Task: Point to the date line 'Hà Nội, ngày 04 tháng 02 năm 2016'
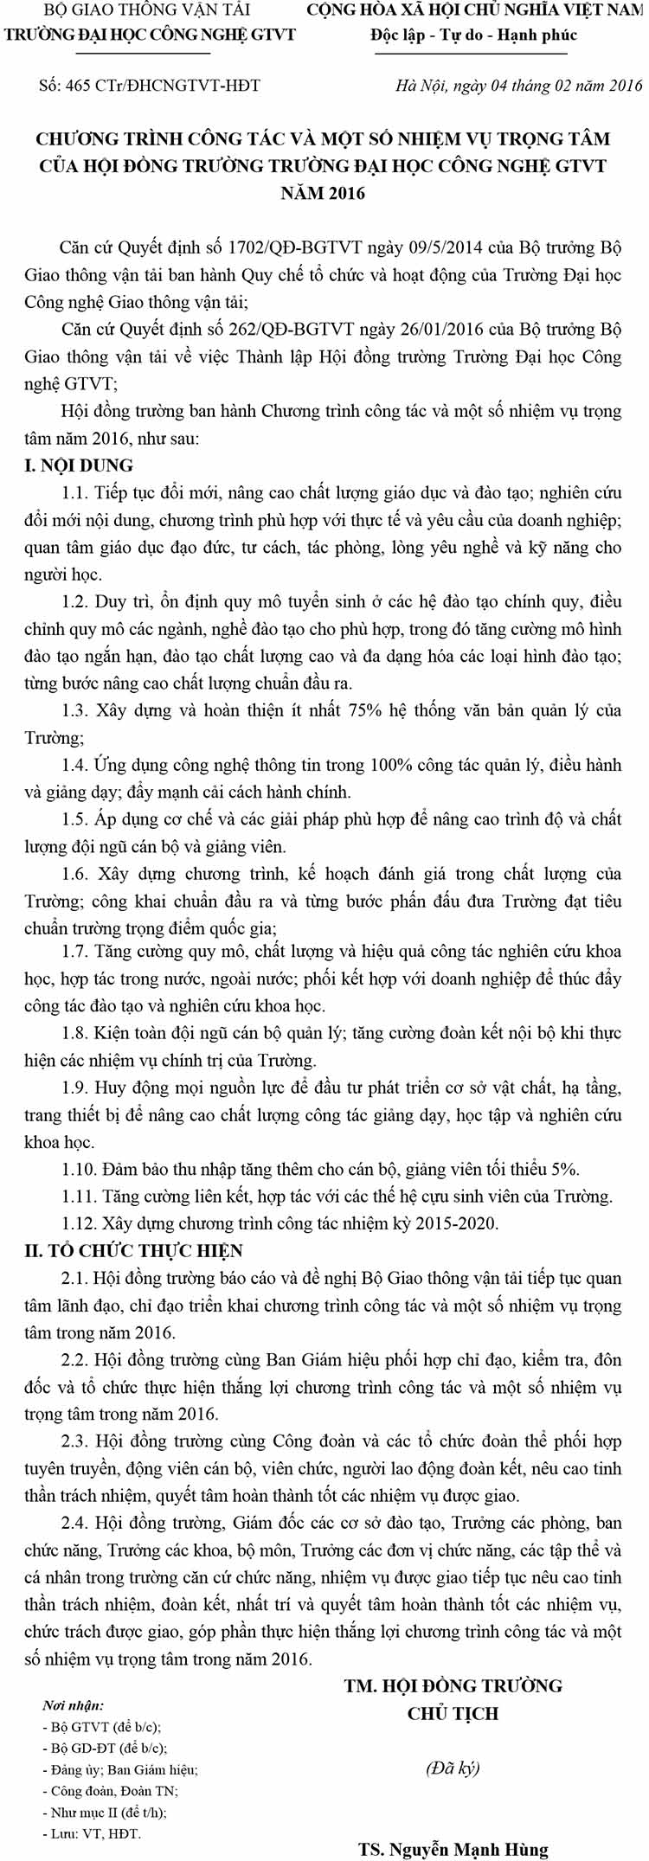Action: pos(518,86)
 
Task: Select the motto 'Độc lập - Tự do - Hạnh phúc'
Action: pos(472,35)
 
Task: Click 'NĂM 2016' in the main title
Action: pos(323,193)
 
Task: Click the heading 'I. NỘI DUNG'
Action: pos(79,465)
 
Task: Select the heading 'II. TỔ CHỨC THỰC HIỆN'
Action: pos(134,1251)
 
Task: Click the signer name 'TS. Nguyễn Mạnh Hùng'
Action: pos(453,1850)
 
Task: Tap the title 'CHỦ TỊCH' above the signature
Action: pos(453,1713)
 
